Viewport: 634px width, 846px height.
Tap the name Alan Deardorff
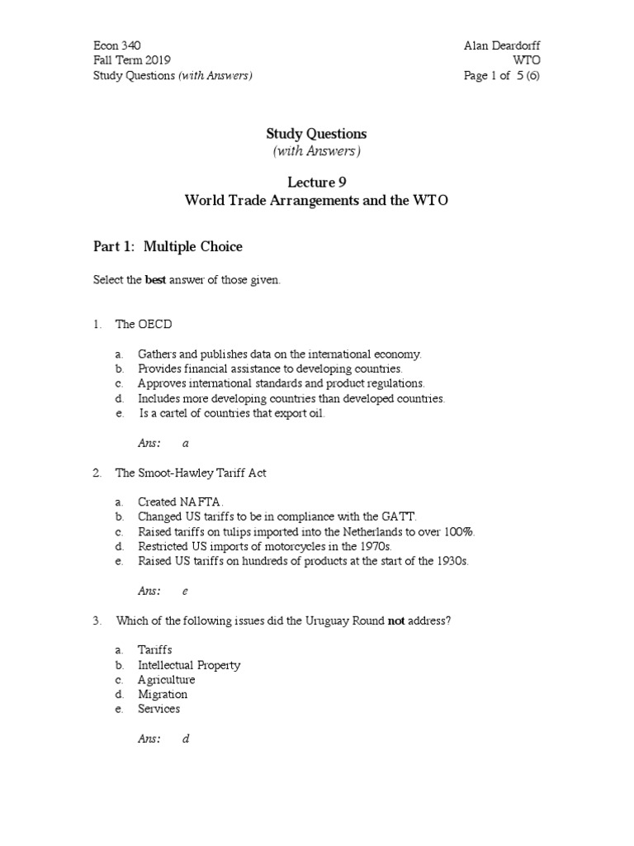click(x=502, y=45)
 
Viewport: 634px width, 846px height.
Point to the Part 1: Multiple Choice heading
click(x=168, y=247)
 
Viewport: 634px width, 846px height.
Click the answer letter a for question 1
click(x=186, y=443)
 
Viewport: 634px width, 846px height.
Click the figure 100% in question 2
click(x=459, y=531)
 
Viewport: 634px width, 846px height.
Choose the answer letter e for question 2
click(x=186, y=591)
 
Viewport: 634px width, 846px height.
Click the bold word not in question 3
click(x=396, y=620)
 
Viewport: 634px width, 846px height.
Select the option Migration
click(x=163, y=694)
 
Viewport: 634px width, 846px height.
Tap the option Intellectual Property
click(x=189, y=664)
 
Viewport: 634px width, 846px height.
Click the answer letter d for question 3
click(x=186, y=739)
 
